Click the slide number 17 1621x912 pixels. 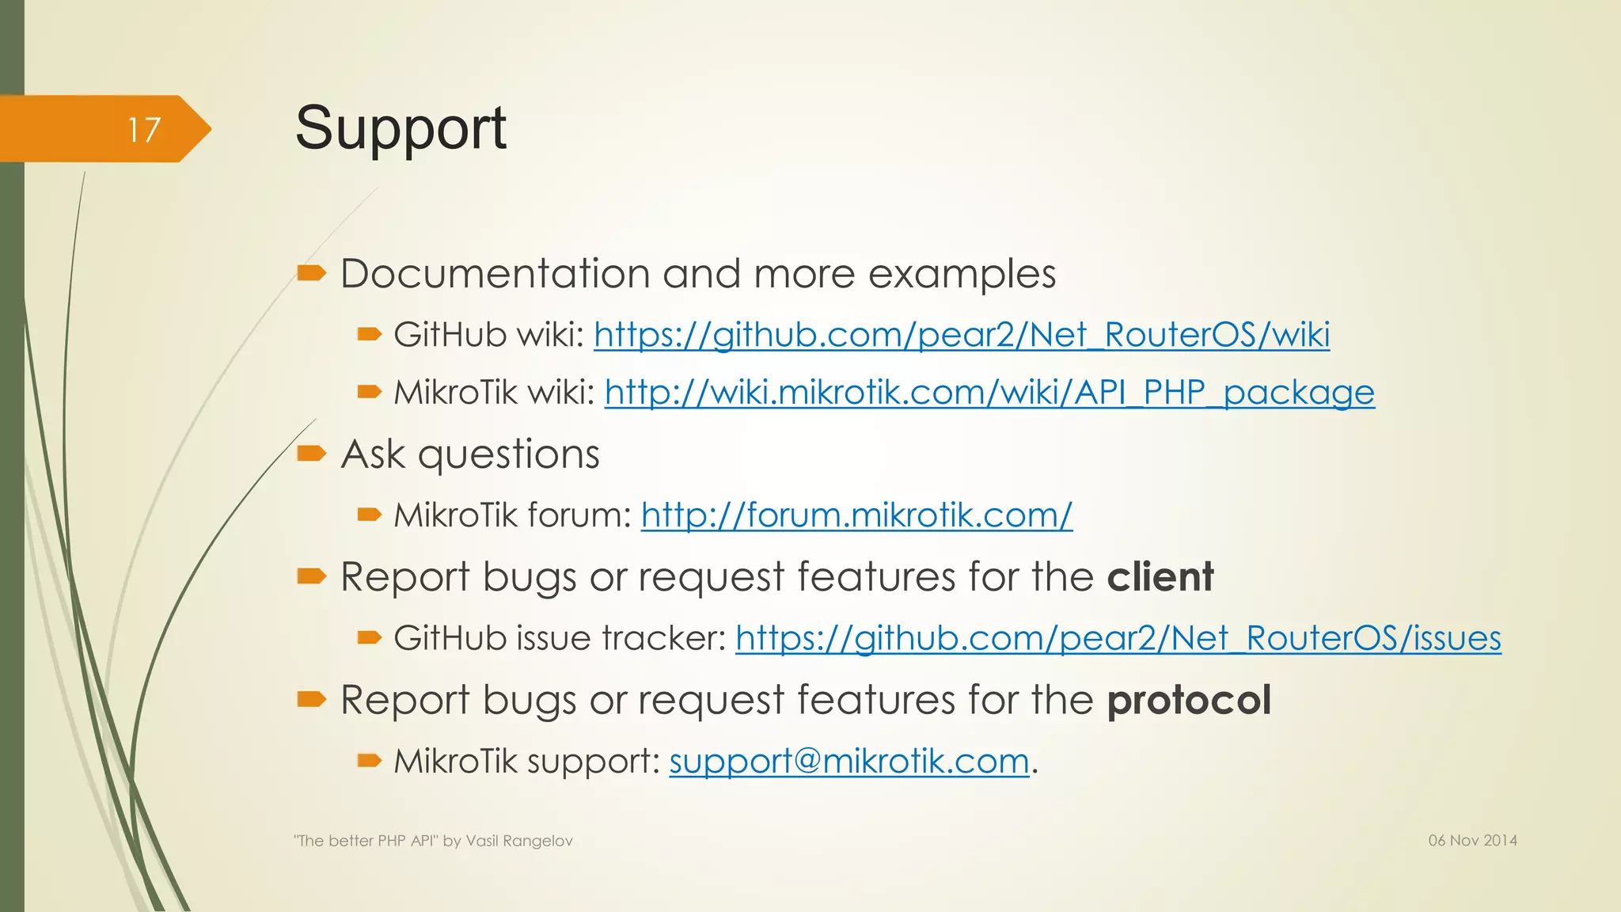144,130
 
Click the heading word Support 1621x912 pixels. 401,128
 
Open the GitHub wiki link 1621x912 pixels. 961,335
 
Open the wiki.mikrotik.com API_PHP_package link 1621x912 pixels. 989,393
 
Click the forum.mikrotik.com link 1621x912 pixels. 856,515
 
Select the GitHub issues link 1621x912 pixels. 1118,638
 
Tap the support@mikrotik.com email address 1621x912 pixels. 848,762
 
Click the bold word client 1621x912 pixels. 1160,576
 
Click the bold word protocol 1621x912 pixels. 1189,700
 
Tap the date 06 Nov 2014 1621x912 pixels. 1472,841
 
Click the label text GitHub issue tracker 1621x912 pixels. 559,638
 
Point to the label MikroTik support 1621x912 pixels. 526,762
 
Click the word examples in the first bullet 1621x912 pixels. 962,274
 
